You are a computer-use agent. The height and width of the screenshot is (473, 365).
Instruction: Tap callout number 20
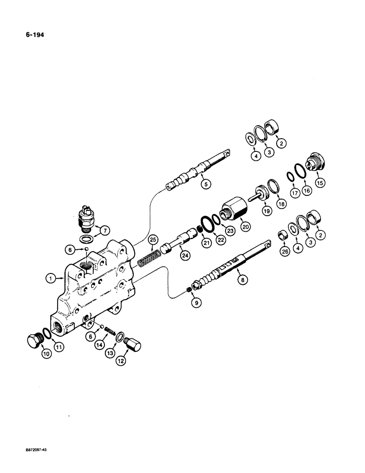tap(245, 226)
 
